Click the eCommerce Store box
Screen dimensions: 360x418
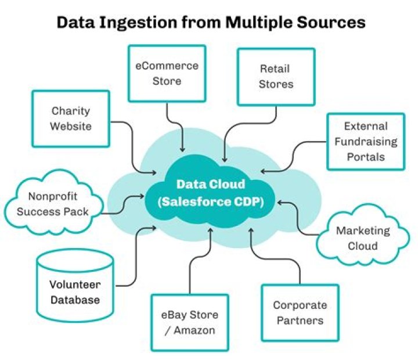167,74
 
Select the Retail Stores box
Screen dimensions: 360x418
276,77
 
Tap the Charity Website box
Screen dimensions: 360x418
70,118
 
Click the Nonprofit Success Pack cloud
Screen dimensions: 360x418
53,204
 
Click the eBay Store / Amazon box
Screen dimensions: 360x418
189,322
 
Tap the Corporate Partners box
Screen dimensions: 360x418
300,312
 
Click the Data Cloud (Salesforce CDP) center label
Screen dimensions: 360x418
211,194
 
